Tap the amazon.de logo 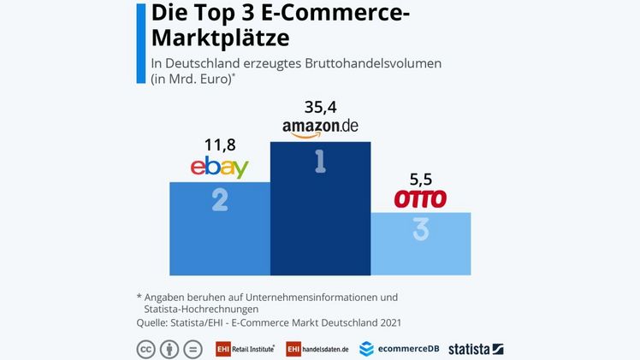point(320,127)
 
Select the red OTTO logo point(420,199)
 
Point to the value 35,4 point(320,107)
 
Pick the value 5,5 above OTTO point(420,180)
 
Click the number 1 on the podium point(320,162)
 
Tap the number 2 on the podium point(220,200)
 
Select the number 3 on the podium point(420,230)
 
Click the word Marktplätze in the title point(220,38)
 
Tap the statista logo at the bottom point(476,349)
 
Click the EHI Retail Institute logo point(245,349)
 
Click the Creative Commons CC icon point(145,349)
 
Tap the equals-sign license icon point(193,349)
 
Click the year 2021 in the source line point(388,322)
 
